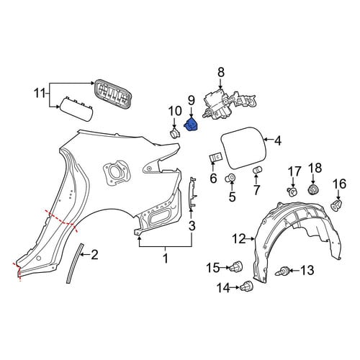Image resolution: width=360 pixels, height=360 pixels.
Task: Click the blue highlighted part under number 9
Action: pyautogui.click(x=191, y=125)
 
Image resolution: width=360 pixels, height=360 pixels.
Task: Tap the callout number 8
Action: pyautogui.click(x=221, y=72)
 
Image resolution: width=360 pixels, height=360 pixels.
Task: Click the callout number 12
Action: pyautogui.click(x=239, y=239)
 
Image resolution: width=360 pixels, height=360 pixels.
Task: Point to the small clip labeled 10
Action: pyautogui.click(x=174, y=133)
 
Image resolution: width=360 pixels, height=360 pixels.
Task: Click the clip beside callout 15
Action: pyautogui.click(x=236, y=266)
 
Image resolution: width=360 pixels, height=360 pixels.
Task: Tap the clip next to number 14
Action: pyautogui.click(x=247, y=286)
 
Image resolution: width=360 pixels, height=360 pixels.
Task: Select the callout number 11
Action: pyautogui.click(x=40, y=94)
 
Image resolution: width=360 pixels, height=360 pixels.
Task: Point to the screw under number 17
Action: pyautogui.click(x=292, y=192)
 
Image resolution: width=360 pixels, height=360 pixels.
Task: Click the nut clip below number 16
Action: pyautogui.click(x=336, y=204)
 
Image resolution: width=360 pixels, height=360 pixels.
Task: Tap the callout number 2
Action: pyautogui.click(x=94, y=255)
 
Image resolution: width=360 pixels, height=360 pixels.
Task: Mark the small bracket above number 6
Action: pyautogui.click(x=216, y=158)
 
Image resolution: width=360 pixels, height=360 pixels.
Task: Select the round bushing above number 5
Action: pyautogui.click(x=230, y=178)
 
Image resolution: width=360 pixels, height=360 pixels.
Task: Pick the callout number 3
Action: pyautogui.click(x=192, y=226)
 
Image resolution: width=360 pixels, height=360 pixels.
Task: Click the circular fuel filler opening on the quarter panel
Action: pyautogui.click(x=114, y=171)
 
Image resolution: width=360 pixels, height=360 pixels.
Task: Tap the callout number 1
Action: pyautogui.click(x=166, y=258)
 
